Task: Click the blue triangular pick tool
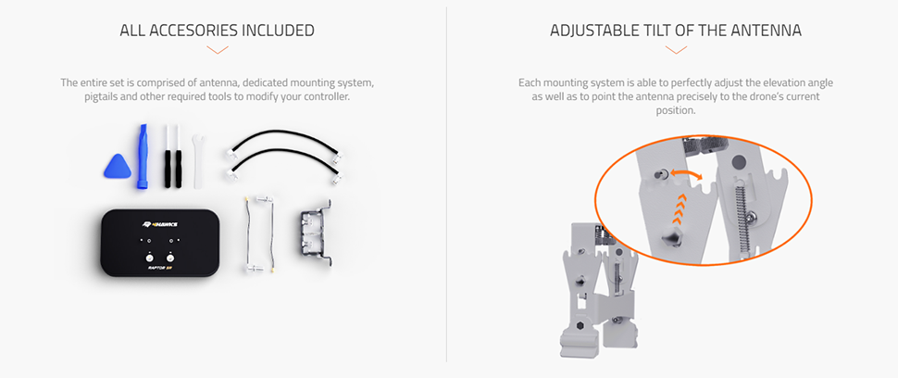[x=118, y=168]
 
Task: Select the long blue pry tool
[x=142, y=157]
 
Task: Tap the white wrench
[x=197, y=161]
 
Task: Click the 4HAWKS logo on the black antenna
[x=160, y=223]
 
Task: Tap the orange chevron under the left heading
[x=217, y=50]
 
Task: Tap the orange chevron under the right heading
[x=676, y=50]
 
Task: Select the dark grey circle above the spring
[x=740, y=162]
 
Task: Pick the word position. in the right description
[x=676, y=111]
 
